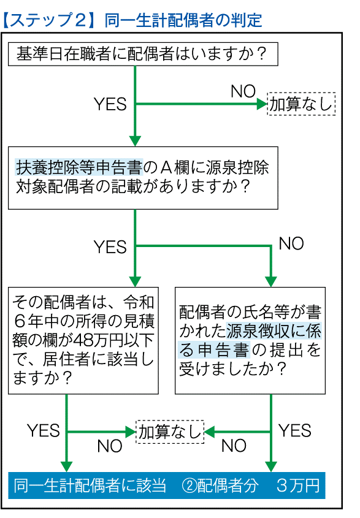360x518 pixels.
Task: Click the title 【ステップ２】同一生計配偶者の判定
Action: point(132,20)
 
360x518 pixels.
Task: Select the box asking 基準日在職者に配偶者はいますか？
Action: point(143,54)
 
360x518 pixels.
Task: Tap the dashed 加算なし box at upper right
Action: point(301,104)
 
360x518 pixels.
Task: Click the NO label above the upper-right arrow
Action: point(243,91)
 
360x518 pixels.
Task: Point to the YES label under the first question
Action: point(110,104)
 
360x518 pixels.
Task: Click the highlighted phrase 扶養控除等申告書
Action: point(79,167)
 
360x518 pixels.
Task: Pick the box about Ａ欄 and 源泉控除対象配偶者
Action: point(143,178)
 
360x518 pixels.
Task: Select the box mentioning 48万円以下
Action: point(83,340)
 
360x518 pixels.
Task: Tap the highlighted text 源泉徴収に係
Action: point(274,331)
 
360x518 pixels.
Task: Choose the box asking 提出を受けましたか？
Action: point(250,340)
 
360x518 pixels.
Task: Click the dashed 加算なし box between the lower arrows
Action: point(170,432)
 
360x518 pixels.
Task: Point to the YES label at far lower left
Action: point(44,430)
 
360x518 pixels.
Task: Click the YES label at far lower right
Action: point(295,430)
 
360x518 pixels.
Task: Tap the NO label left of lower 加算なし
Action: point(110,446)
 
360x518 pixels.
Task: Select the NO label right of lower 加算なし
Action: point(234,446)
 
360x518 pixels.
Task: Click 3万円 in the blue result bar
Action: point(298,486)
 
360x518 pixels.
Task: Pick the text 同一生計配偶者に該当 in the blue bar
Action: point(90,486)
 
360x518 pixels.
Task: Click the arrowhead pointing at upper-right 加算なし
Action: point(262,104)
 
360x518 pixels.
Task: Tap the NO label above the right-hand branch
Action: point(291,243)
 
